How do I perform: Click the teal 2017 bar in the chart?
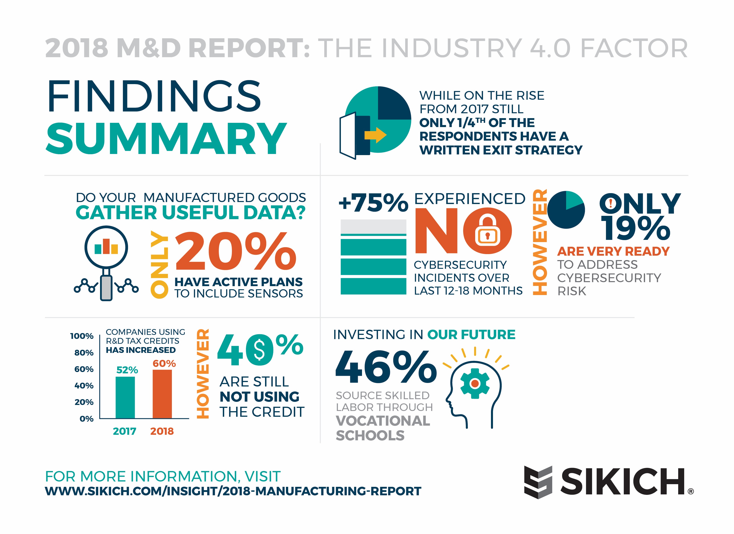(x=125, y=397)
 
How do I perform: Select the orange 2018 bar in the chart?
(x=162, y=394)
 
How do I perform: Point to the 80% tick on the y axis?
(x=84, y=353)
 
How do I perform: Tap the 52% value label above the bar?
(x=127, y=370)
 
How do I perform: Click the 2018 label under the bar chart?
(x=162, y=431)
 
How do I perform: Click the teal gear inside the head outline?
(x=475, y=383)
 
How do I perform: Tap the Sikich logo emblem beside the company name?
(x=538, y=482)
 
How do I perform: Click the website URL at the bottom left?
(x=233, y=491)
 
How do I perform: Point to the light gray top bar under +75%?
(x=373, y=226)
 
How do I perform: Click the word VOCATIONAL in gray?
(x=383, y=421)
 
